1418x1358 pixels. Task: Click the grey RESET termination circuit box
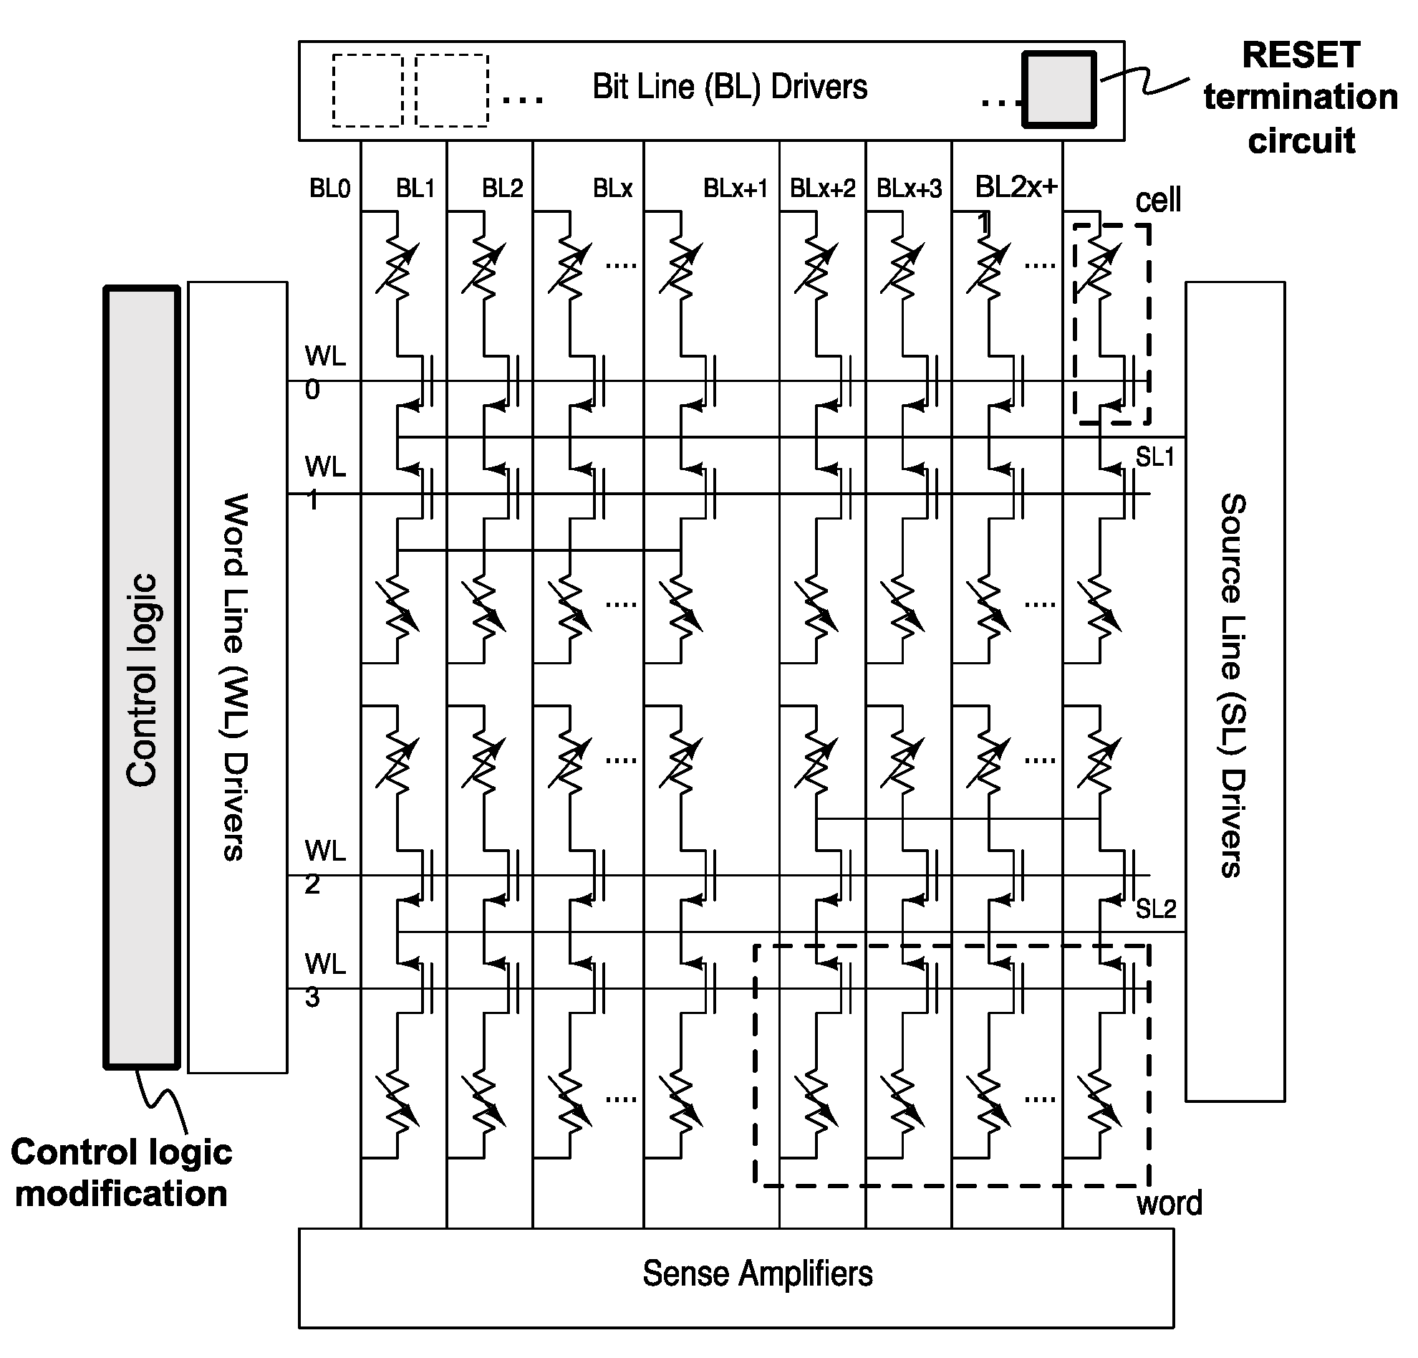1058,90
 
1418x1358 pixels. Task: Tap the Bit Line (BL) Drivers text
729,87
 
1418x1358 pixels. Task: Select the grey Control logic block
142,677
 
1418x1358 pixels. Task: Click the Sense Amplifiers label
758,1273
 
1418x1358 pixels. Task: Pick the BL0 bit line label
329,189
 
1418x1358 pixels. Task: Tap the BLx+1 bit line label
735,189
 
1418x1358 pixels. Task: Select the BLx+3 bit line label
909,189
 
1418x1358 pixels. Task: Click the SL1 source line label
1154,457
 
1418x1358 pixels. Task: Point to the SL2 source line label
1155,909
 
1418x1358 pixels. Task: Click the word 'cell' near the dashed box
1157,200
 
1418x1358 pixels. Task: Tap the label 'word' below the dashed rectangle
1169,1203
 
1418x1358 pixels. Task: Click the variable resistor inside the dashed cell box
1099,266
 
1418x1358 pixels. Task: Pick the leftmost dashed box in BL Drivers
367,90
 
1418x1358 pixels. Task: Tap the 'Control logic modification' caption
122,1172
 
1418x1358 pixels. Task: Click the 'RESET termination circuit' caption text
1300,97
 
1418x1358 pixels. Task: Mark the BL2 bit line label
502,189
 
